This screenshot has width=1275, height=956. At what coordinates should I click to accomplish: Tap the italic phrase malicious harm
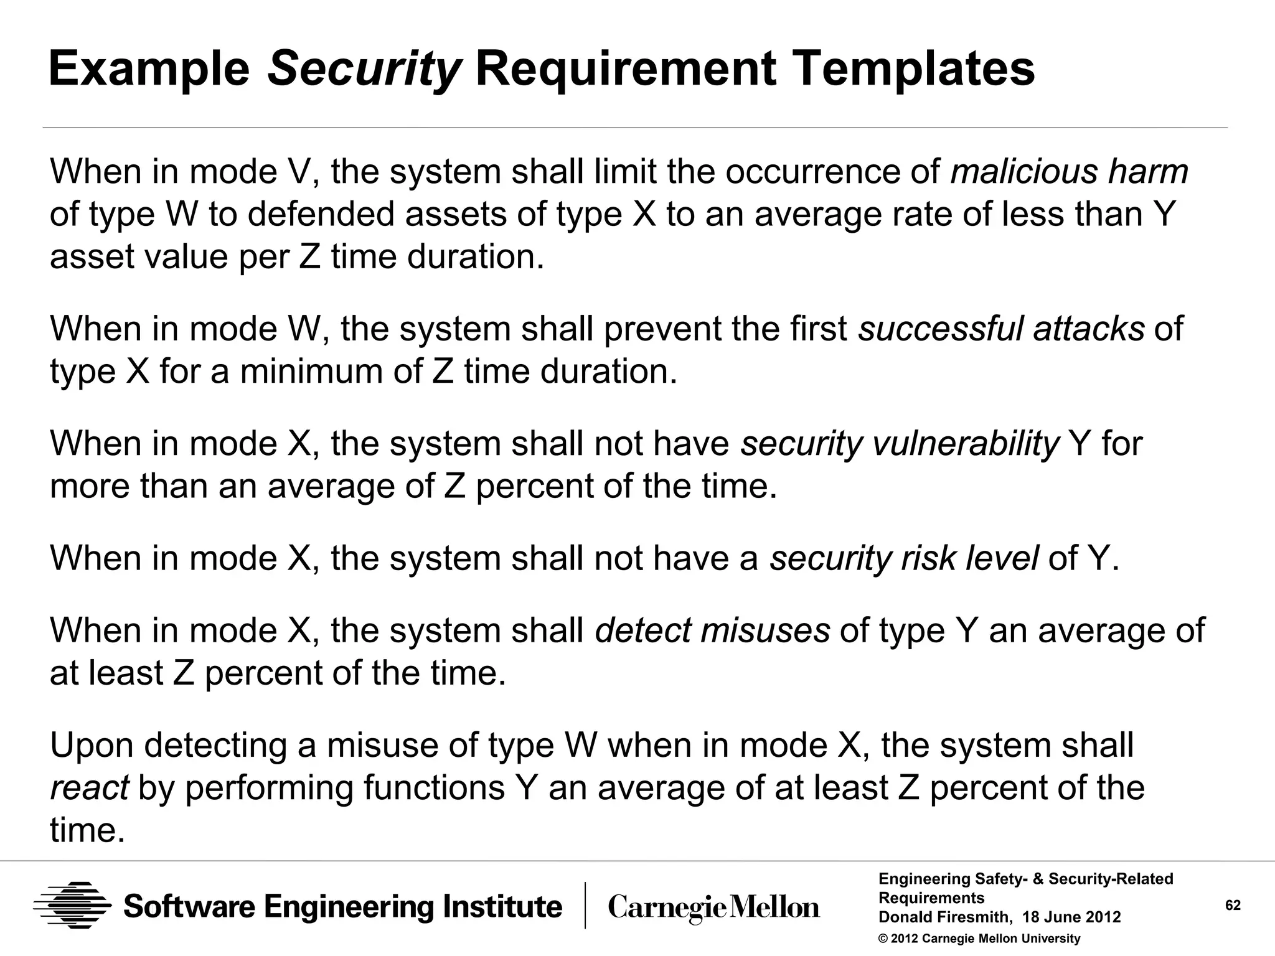coord(1069,172)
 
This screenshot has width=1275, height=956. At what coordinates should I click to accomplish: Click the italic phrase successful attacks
coord(1001,329)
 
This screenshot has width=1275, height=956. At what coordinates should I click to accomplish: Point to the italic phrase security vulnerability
coord(900,443)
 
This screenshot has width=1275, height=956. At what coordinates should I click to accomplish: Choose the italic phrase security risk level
coord(904,558)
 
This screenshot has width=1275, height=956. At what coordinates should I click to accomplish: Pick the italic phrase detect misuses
coord(712,630)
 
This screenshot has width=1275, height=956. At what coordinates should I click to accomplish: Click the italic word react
coord(89,788)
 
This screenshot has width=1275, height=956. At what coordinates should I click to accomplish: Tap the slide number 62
coord(1233,906)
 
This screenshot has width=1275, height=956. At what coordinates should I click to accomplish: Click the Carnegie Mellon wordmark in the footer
coord(713,907)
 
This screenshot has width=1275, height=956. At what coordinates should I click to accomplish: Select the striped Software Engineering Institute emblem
coord(72,906)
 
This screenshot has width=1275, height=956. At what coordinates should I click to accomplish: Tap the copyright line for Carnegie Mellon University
coord(979,939)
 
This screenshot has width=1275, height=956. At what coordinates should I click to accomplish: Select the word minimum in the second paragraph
coord(311,372)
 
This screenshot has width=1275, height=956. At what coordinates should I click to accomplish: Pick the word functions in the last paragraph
coord(434,788)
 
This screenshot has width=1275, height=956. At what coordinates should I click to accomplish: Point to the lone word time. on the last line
coord(87,830)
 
